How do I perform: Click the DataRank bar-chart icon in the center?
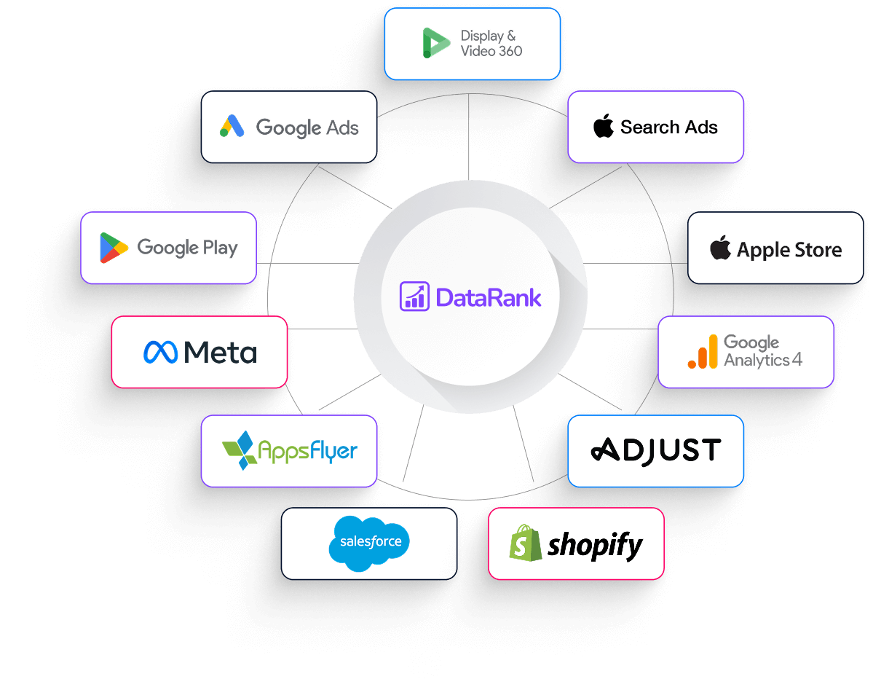(x=415, y=297)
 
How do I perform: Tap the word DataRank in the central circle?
(x=488, y=297)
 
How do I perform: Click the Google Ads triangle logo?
(x=232, y=127)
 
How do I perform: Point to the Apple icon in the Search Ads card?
(x=603, y=127)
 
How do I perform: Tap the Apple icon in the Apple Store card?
(x=720, y=248)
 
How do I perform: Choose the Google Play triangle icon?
(x=114, y=248)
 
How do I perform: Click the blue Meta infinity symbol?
(x=160, y=353)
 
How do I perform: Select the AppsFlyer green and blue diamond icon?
(x=240, y=450)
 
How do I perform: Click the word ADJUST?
(x=655, y=450)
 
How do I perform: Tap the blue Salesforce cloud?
(x=370, y=542)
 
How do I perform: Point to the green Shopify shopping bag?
(x=526, y=543)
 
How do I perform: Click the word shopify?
(x=595, y=545)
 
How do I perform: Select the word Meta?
(x=220, y=353)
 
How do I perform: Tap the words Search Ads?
(x=668, y=127)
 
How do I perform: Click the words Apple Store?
(x=789, y=250)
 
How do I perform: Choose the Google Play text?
(x=187, y=248)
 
